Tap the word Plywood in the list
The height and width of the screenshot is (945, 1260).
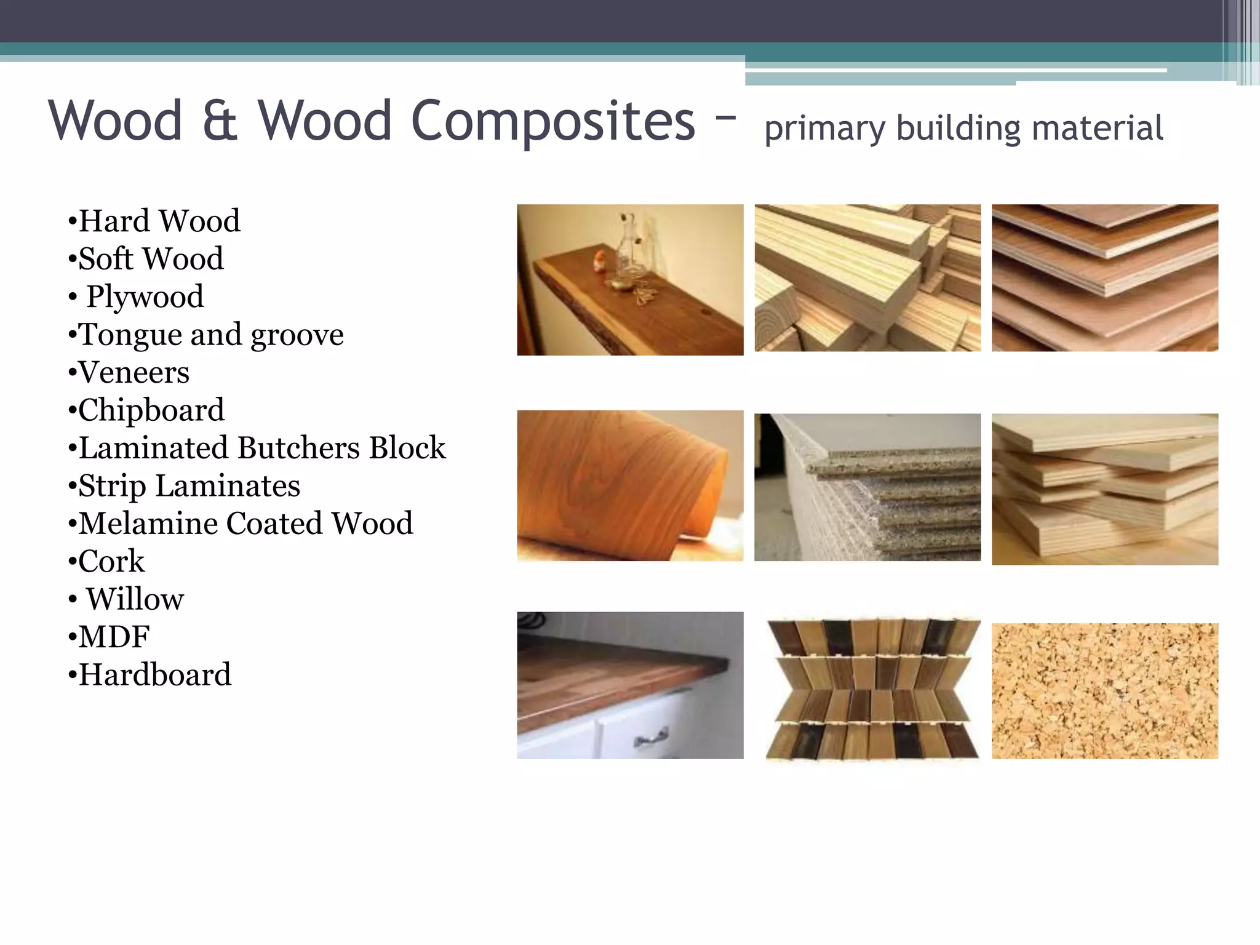(x=145, y=297)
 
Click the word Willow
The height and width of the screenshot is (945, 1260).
(x=135, y=599)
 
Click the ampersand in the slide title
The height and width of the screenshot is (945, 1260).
(x=220, y=121)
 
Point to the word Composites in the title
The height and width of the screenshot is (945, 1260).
(x=552, y=121)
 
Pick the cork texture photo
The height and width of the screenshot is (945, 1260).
(x=1104, y=690)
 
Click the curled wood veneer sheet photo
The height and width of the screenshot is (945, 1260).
(x=630, y=485)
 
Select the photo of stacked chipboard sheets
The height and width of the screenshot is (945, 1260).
(x=867, y=487)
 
